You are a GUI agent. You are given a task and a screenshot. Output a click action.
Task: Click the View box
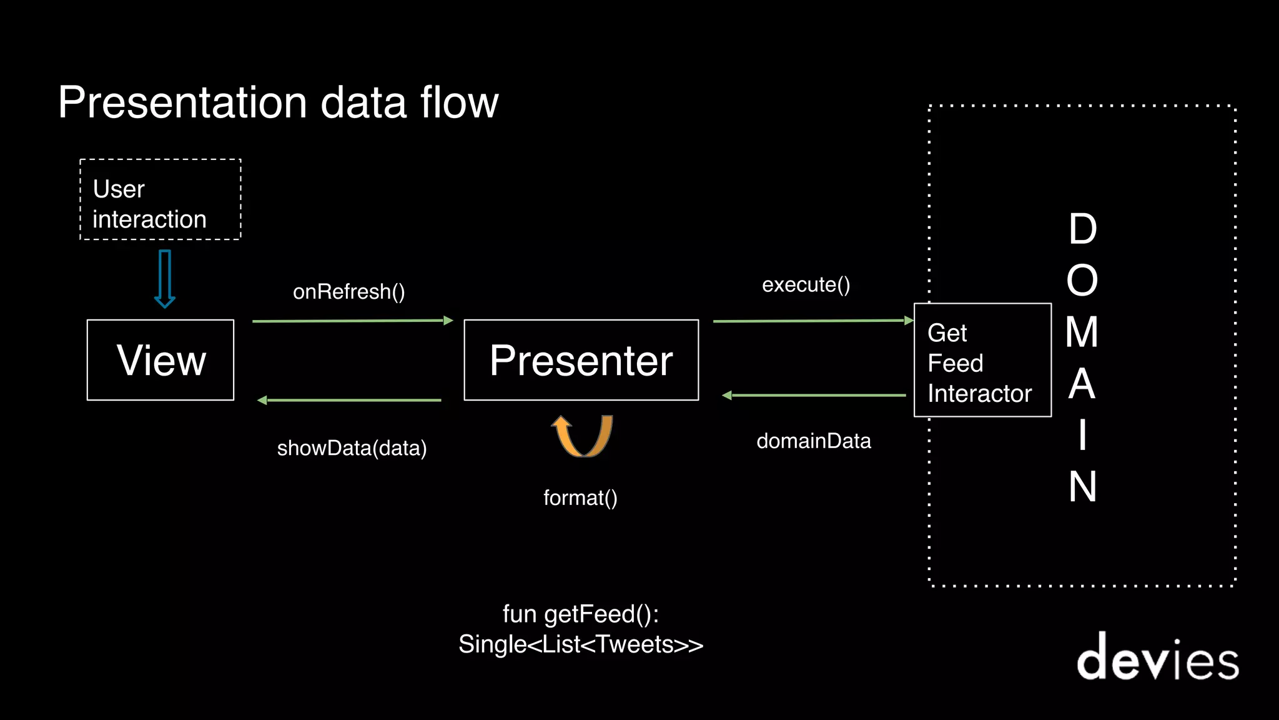pyautogui.click(x=160, y=360)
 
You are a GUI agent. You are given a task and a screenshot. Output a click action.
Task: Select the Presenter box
pyautogui.click(x=581, y=360)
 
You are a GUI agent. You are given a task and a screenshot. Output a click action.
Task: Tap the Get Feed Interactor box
pyautogui.click(x=982, y=361)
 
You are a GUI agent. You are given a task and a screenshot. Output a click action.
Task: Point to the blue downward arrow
pyautogui.click(x=165, y=279)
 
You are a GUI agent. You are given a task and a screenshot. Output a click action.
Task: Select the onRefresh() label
pyautogui.click(x=349, y=292)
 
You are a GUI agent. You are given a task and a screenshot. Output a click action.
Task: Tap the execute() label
pyautogui.click(x=806, y=285)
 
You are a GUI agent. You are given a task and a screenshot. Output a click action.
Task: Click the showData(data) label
pyautogui.click(x=352, y=448)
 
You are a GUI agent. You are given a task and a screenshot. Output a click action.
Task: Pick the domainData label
pyautogui.click(x=813, y=441)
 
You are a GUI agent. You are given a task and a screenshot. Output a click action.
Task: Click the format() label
pyautogui.click(x=580, y=498)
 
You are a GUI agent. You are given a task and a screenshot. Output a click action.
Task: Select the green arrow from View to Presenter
pyautogui.click(x=353, y=321)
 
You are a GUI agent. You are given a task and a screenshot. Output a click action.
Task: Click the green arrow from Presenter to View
pyautogui.click(x=350, y=400)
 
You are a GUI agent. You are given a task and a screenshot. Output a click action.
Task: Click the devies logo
pyautogui.click(x=1157, y=657)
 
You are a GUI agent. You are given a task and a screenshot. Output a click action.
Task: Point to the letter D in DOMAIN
pyautogui.click(x=1082, y=229)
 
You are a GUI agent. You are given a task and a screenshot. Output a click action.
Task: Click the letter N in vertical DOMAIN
pyautogui.click(x=1082, y=487)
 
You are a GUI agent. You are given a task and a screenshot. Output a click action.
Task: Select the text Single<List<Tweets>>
pyautogui.click(x=581, y=644)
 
